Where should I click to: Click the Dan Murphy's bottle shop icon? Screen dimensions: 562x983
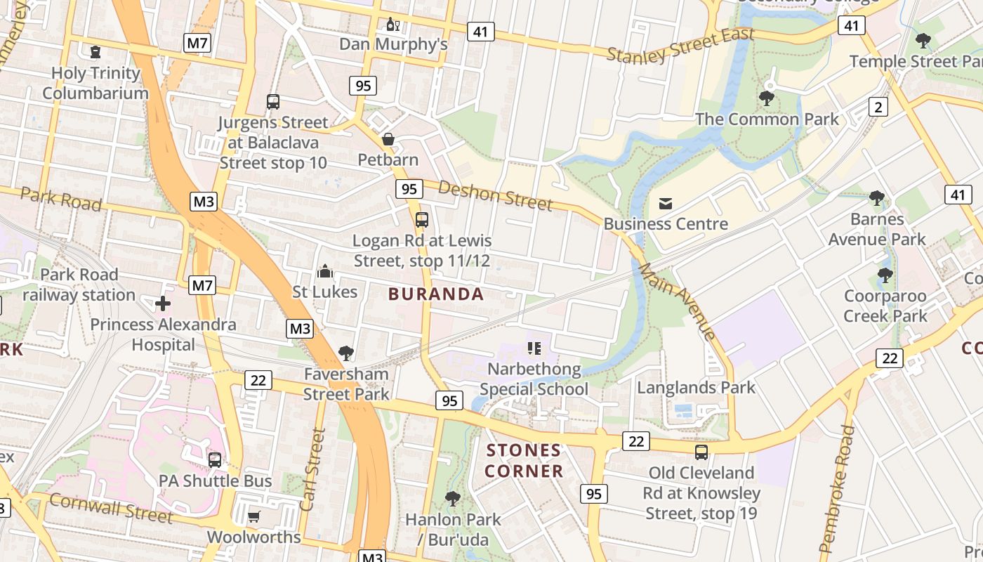(x=392, y=25)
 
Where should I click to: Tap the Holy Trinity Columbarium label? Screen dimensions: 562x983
(x=95, y=83)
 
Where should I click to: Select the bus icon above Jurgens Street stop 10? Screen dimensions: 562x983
(x=273, y=102)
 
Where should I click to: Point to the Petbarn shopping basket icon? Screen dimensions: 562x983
(x=388, y=140)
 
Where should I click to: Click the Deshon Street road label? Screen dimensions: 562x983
(x=496, y=195)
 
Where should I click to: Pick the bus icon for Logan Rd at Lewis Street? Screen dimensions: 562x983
(x=421, y=220)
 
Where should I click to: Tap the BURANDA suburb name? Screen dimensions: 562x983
(x=436, y=294)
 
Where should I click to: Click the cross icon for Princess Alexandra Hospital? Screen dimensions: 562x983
(x=163, y=303)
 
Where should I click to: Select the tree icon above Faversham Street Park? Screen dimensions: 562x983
(x=345, y=353)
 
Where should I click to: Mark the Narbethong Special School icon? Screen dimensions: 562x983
(x=534, y=348)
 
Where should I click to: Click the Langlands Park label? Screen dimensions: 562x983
(x=696, y=387)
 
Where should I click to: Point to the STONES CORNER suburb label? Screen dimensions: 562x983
(x=524, y=460)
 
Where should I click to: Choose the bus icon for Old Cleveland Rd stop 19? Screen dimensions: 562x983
(x=701, y=452)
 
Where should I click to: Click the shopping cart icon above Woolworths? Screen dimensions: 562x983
(x=253, y=517)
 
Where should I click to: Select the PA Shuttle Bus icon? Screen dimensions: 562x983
(x=215, y=460)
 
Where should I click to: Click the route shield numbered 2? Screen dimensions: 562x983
(x=878, y=107)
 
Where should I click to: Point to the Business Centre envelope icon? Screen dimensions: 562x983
(x=665, y=204)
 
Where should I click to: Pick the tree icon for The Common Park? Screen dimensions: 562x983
(x=767, y=98)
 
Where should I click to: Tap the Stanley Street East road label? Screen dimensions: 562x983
(x=680, y=44)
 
